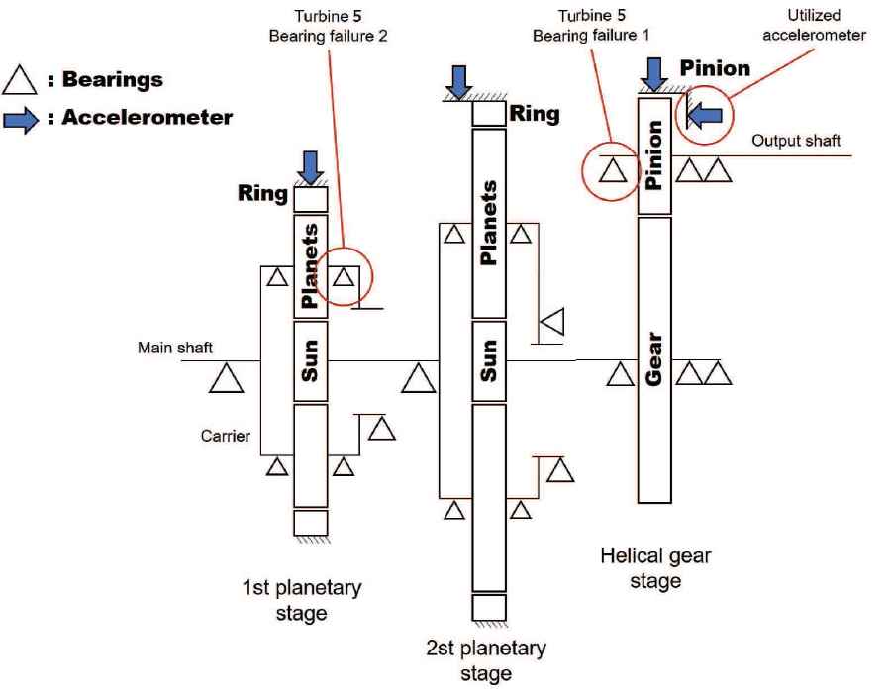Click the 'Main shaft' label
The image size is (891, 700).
coord(176,348)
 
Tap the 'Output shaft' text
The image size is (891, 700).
coord(796,140)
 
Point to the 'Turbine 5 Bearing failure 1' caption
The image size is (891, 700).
coord(580,27)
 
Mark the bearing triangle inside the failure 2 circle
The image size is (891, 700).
coord(343,276)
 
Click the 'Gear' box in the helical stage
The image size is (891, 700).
coord(654,359)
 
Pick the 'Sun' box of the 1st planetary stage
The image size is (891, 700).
coord(311,360)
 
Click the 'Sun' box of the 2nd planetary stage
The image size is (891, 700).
coord(489,360)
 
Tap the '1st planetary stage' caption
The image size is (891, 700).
coord(302,600)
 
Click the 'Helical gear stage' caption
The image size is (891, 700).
coord(654,567)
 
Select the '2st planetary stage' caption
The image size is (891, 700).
coord(486,660)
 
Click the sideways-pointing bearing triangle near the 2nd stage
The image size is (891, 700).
coord(552,321)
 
